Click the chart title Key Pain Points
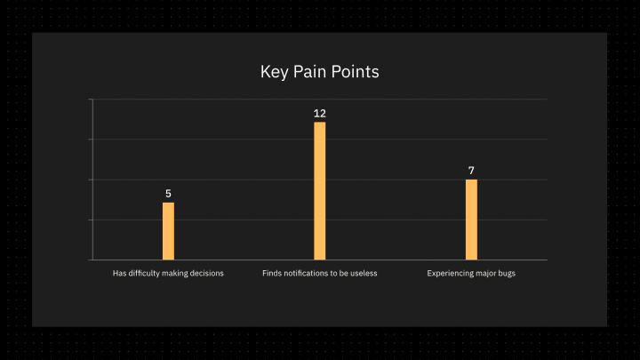click(320, 72)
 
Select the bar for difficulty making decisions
click(168, 231)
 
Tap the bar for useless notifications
click(320, 190)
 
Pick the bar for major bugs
click(471, 220)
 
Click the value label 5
click(168, 194)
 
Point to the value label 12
click(320, 113)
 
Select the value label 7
click(471, 170)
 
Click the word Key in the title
click(275, 72)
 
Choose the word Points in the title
click(355, 71)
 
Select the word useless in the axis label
click(364, 273)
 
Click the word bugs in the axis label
click(507, 274)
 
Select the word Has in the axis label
click(120, 273)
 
